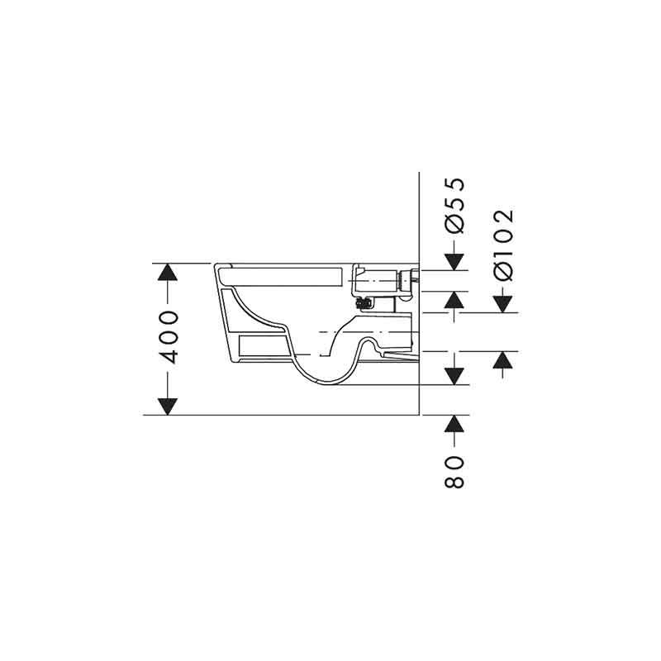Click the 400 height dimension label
click(170, 338)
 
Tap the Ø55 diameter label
click(454, 205)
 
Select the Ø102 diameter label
click(503, 245)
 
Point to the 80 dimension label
click(454, 472)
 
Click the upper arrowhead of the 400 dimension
click(168, 272)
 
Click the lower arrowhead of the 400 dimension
click(168, 407)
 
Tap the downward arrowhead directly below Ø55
click(454, 262)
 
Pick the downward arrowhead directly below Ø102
click(503, 304)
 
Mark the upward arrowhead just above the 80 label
click(454, 424)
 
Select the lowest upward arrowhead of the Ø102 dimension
click(503, 360)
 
